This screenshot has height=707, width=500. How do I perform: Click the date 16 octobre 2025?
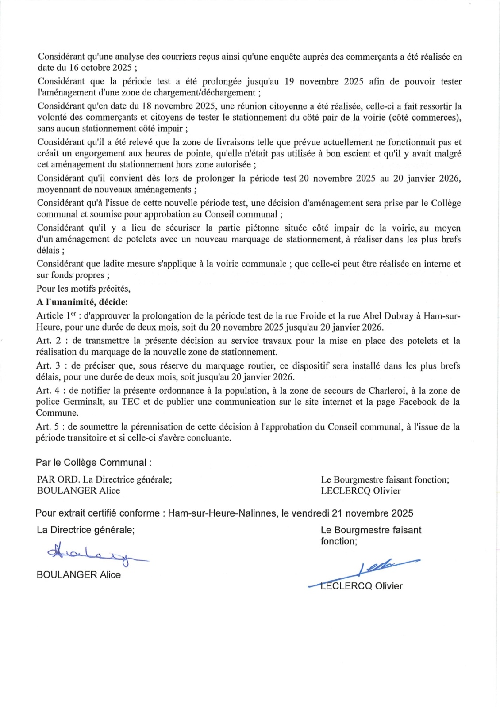pos(100,68)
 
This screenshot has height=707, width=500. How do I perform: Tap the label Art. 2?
pos(49,341)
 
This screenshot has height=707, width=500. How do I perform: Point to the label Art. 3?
pos(49,366)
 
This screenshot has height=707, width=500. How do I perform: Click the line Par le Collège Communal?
pos(93,463)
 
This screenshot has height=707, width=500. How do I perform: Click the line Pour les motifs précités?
pos(84,289)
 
